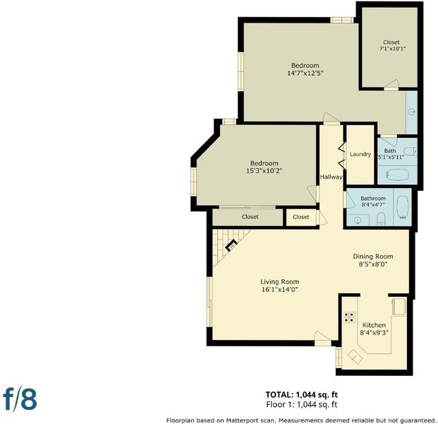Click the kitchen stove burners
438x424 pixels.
pyautogui.click(x=350, y=317)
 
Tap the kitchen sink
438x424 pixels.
pyautogui.click(x=355, y=356)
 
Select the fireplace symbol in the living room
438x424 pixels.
pyautogui.click(x=231, y=245)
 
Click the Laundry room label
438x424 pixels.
pyautogui.click(x=360, y=154)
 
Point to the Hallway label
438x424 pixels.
pyautogui.click(x=331, y=177)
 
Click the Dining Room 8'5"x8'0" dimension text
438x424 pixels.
pyautogui.click(x=373, y=264)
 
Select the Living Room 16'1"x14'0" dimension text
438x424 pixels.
pyautogui.click(x=279, y=290)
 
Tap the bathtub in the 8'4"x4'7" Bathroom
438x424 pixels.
pyautogui.click(x=403, y=207)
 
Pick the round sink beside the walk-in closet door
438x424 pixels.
pyautogui.click(x=412, y=112)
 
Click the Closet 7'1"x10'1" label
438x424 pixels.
pyautogui.click(x=391, y=45)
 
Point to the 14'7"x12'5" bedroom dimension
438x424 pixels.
pyautogui.click(x=305, y=73)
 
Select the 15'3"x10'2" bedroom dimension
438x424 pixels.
pyautogui.click(x=264, y=171)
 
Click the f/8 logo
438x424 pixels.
pyautogui.click(x=20, y=398)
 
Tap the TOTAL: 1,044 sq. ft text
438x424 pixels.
pyautogui.click(x=301, y=394)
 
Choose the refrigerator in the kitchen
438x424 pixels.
pyautogui.click(x=399, y=306)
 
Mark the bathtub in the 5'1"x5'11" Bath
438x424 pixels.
pyautogui.click(x=398, y=175)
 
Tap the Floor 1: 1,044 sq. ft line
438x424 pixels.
pyautogui.click(x=302, y=404)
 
